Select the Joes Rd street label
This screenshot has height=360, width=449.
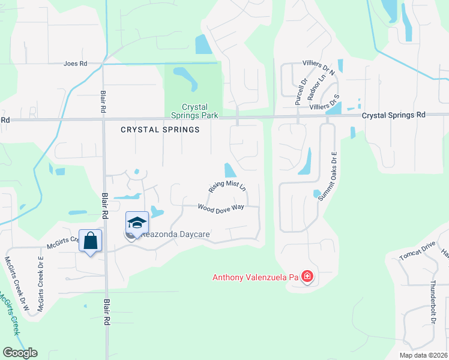[76, 63]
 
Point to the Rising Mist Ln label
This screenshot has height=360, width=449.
[228, 186]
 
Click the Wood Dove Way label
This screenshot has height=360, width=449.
[221, 207]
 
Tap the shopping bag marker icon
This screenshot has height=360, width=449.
[90, 241]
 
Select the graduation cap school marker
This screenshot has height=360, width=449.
[137, 222]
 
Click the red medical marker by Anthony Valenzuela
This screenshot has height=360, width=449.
[307, 277]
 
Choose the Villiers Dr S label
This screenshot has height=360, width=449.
[324, 106]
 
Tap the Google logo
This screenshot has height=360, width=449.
[20, 353]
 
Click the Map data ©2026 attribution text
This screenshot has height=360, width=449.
[423, 355]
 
